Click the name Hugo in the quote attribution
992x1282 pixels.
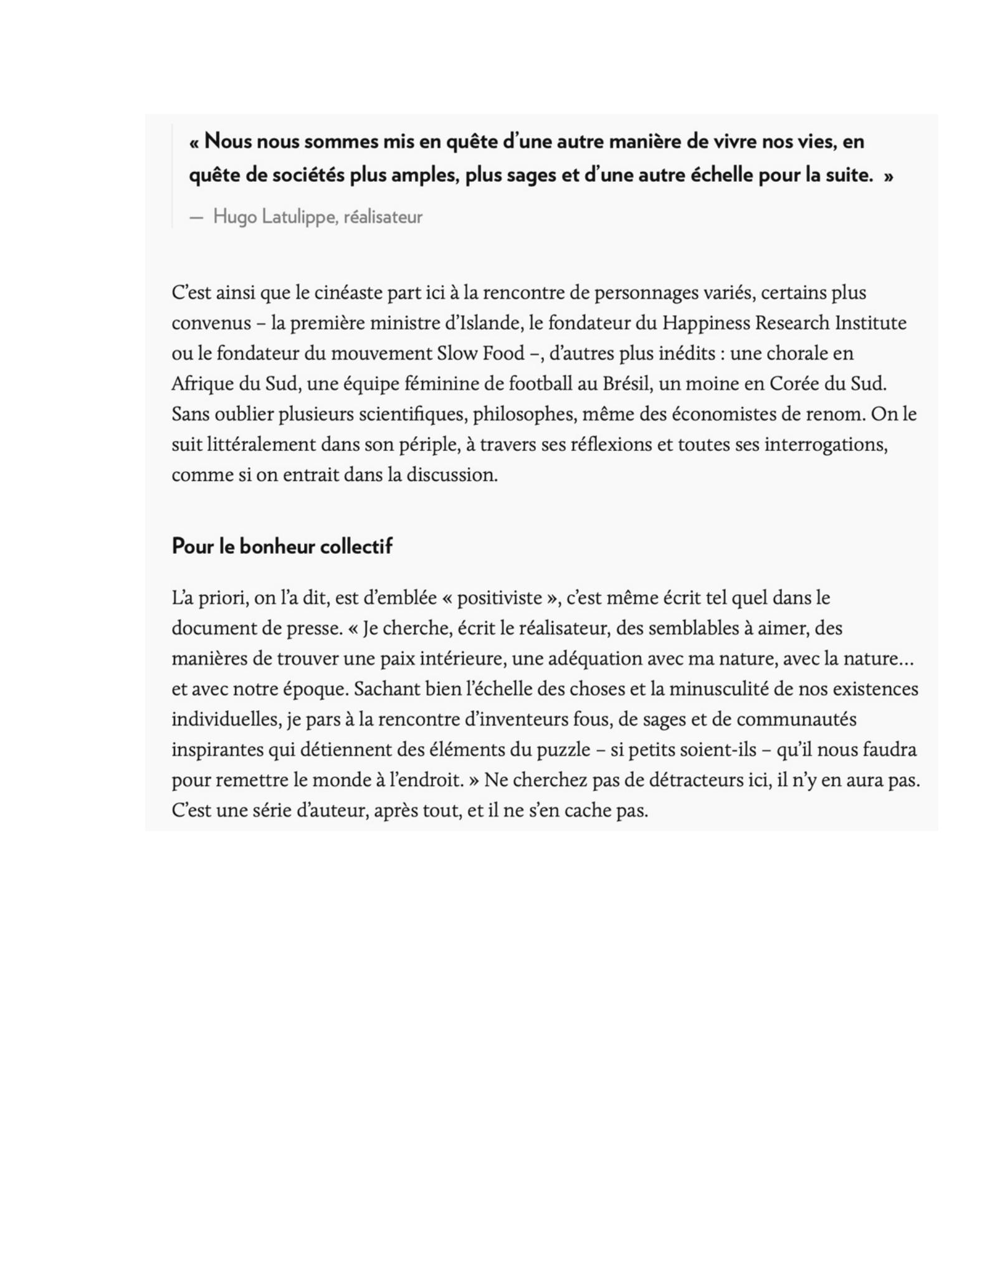pos(235,217)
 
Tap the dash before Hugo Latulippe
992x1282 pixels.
pos(196,217)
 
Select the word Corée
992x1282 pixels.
pos(794,384)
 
